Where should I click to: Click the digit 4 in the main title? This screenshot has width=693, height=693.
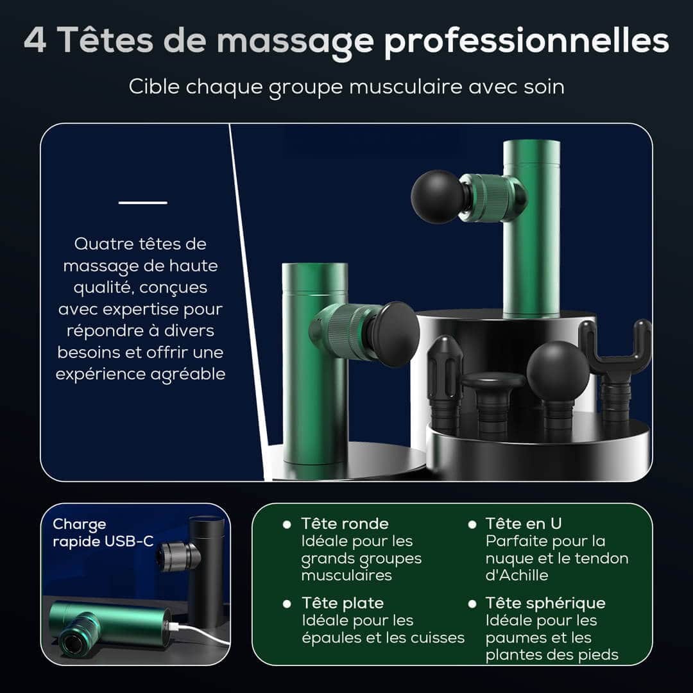tap(35, 40)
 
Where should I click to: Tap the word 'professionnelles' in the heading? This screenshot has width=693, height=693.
tap(526, 42)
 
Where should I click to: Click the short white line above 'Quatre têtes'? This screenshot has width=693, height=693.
tap(142, 202)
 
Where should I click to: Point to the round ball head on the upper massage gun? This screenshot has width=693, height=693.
tap(438, 196)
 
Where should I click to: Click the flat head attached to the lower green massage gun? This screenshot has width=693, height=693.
tap(393, 334)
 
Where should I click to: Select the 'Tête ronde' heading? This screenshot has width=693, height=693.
tap(345, 524)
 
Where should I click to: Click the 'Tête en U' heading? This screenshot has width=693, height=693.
tap(524, 524)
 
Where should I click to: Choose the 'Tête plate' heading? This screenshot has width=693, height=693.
tap(343, 603)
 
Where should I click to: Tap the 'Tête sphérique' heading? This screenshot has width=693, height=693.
tap(545, 603)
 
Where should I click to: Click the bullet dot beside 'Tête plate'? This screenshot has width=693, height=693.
tap(287, 604)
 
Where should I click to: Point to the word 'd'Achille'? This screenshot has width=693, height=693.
tap(517, 576)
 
